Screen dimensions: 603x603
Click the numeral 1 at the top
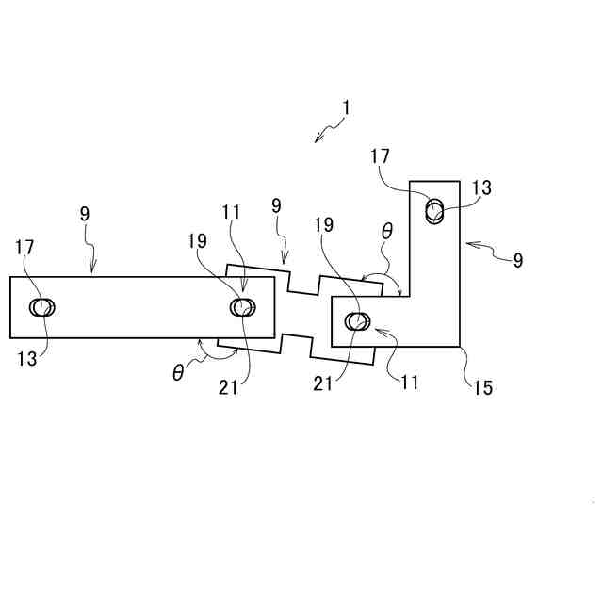point(346,107)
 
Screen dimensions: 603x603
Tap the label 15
point(481,387)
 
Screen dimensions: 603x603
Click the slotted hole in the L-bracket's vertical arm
point(435,210)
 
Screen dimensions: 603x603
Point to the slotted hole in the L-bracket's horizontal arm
point(357,321)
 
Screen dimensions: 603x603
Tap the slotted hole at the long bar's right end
point(243,307)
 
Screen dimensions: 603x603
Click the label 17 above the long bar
point(25,247)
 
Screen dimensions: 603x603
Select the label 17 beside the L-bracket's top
point(380,156)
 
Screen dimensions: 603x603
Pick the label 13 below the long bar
point(25,358)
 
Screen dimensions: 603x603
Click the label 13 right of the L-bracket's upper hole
point(481,188)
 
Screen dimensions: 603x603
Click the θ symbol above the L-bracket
point(387,230)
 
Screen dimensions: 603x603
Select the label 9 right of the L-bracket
point(518,260)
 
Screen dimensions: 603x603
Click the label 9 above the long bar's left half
point(85,214)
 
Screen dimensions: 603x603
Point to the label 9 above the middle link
point(275,204)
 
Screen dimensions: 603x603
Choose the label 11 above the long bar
point(233,213)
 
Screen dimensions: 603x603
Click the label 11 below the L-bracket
point(409,383)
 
